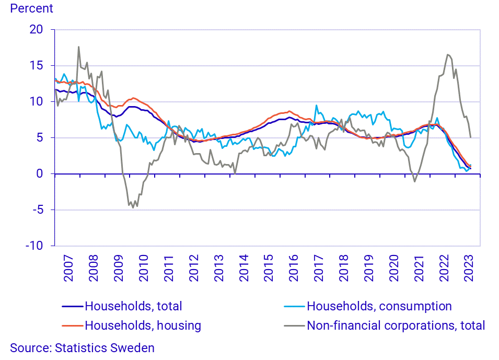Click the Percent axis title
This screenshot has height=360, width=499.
pos(32,8)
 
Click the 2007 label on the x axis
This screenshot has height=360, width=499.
pos(68,268)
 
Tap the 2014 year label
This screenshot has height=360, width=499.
pos(243,268)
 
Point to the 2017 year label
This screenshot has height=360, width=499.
pos(318,268)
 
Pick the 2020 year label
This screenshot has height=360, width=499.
pos(393,268)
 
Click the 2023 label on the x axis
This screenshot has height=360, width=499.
pos(468,268)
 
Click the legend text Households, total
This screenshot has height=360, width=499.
pos(133,306)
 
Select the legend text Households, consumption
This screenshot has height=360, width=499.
pos(379,306)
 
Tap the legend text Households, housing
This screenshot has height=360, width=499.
pos(143,326)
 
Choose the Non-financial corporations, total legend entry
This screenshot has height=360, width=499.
pos(396,326)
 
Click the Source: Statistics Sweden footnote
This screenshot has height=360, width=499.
pos(83,348)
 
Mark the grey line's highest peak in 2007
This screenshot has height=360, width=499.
pos(79,47)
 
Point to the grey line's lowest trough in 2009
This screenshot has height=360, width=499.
pos(133,207)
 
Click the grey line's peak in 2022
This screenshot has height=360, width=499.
pos(448,54)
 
